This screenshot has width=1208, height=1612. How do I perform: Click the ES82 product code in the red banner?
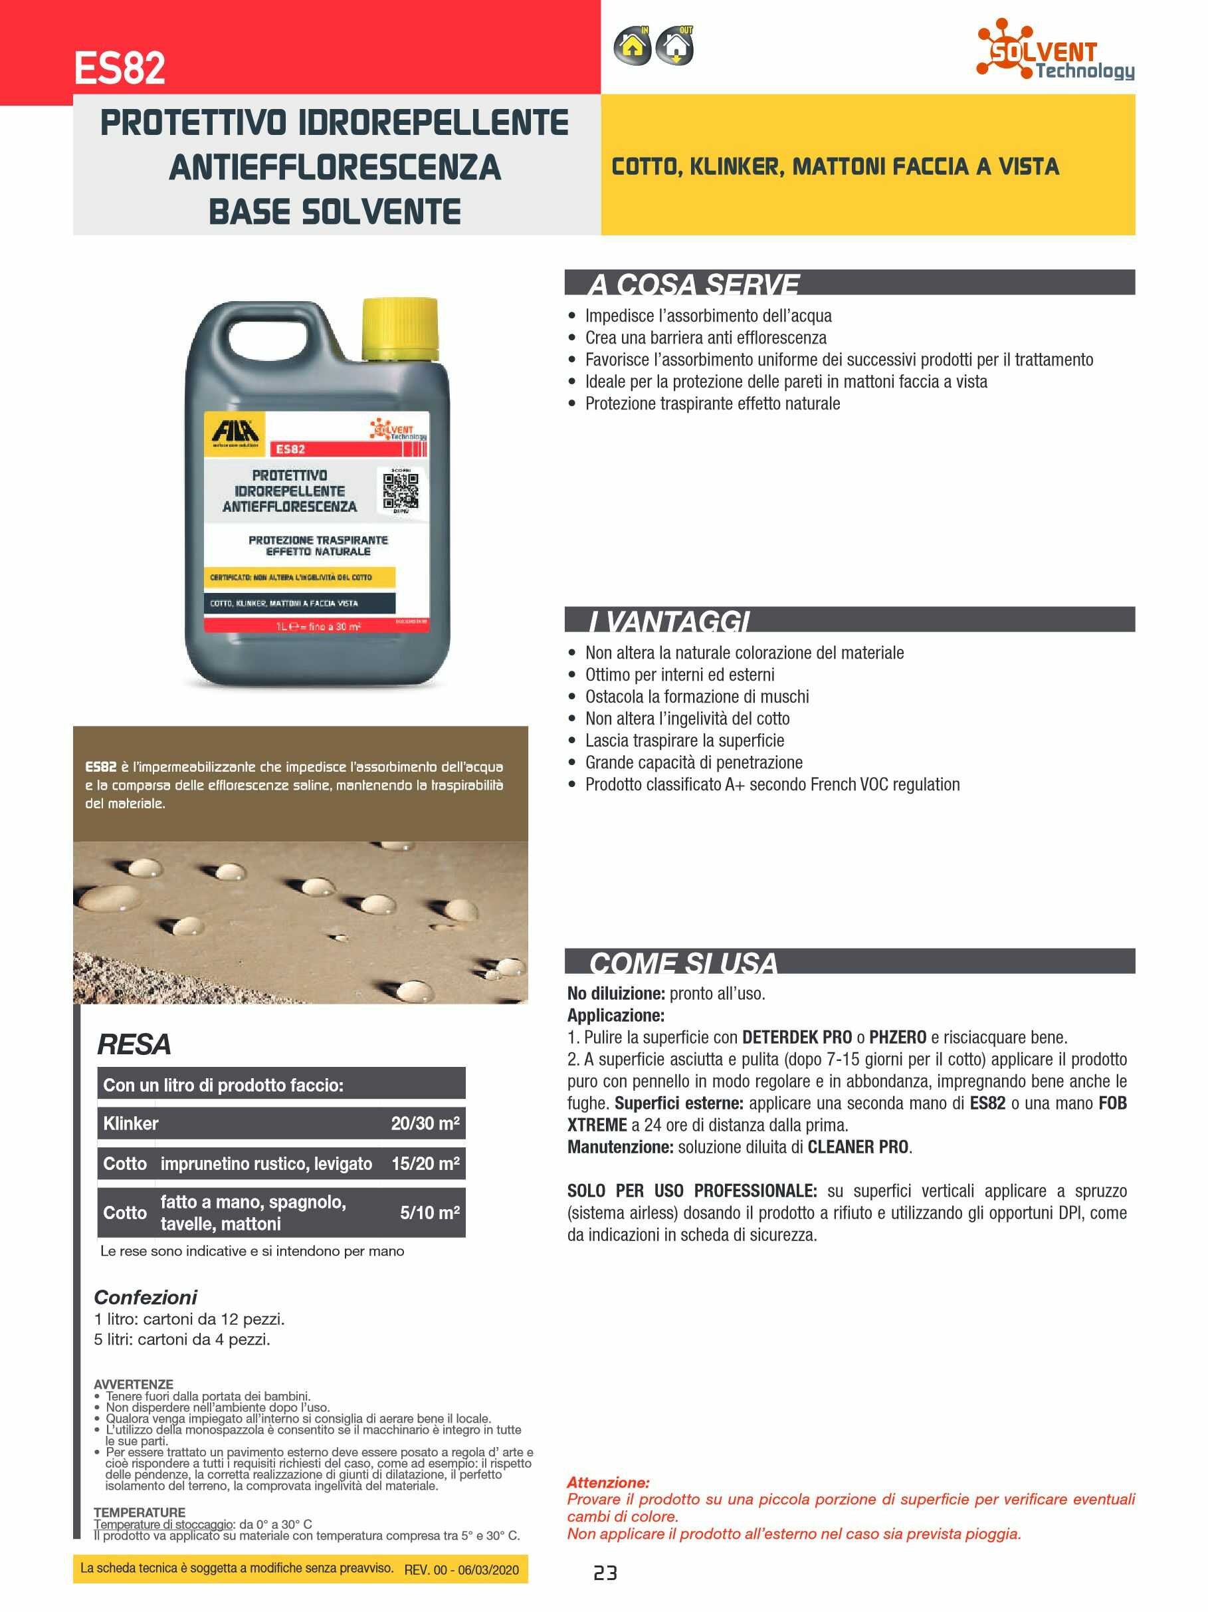coord(120,68)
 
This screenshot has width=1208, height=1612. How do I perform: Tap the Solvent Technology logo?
coord(1055,50)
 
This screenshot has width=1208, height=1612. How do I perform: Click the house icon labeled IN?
coord(633,47)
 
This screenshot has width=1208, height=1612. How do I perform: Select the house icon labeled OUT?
coord(674,47)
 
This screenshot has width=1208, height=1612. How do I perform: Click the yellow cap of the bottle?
coord(401,328)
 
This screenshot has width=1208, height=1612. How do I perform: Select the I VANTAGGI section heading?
coord(669,621)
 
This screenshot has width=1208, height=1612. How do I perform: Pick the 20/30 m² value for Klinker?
coord(425,1123)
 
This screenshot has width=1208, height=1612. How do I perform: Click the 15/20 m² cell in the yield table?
coord(425,1163)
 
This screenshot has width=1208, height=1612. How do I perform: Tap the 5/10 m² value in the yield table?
coord(429,1212)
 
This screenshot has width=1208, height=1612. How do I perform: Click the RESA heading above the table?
coord(134,1044)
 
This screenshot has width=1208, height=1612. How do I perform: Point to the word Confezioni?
coord(146,1297)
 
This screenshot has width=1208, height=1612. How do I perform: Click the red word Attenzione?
coord(607,1482)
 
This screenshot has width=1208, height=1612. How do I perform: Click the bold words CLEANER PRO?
coord(858,1147)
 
